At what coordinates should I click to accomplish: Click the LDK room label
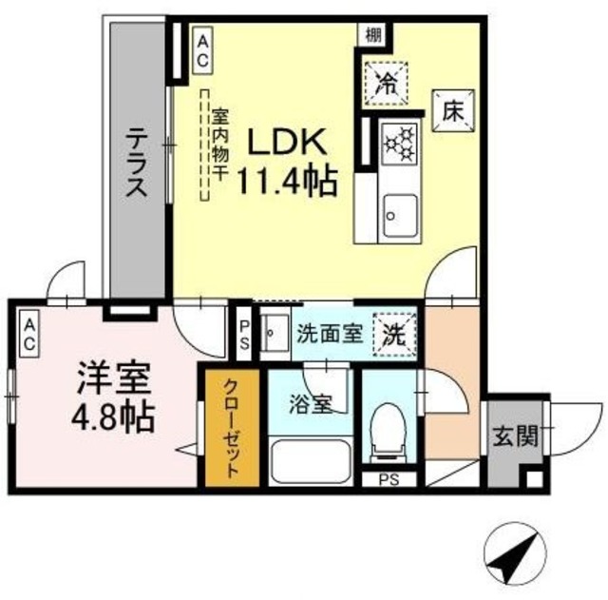288,142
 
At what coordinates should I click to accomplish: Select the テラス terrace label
135,162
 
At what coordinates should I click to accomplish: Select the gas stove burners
399,145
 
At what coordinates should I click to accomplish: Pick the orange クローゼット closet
231,427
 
